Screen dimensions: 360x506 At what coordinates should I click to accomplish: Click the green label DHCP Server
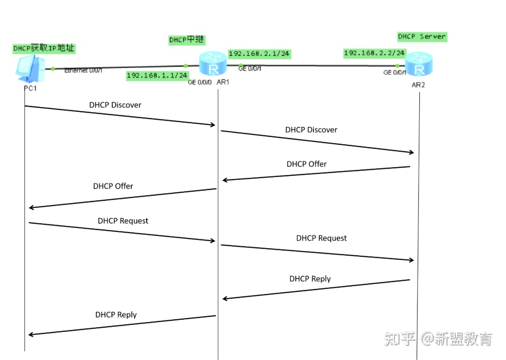click(422, 37)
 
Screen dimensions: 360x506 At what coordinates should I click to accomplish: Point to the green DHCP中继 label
click(186, 40)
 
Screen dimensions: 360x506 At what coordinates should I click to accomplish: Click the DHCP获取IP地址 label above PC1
click(44, 48)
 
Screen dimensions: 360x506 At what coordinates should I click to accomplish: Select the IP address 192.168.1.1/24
click(157, 75)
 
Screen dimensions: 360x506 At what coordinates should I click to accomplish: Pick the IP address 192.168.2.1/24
click(259, 54)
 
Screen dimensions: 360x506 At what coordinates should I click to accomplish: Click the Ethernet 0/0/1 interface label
click(83, 70)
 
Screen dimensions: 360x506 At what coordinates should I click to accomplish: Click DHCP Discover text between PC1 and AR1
click(115, 105)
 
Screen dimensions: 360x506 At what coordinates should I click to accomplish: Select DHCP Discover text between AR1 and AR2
click(311, 130)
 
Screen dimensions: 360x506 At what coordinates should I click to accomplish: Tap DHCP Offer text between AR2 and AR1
click(306, 164)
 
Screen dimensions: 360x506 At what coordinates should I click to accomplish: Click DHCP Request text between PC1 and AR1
click(123, 220)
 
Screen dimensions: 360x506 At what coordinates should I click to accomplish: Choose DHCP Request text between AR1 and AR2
click(321, 238)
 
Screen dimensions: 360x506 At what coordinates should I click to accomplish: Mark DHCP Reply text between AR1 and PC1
click(116, 315)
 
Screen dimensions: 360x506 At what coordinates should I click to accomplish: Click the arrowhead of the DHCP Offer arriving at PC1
click(31, 207)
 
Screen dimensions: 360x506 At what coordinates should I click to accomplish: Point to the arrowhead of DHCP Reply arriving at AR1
click(225, 298)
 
